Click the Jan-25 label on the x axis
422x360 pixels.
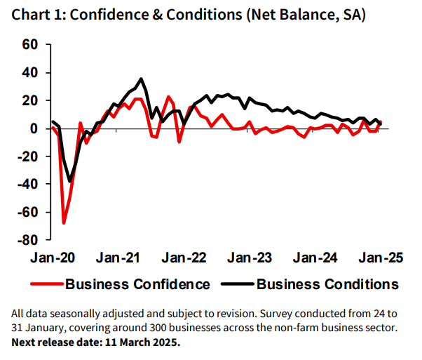pyautogui.click(x=381, y=258)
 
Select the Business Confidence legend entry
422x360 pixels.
pyautogui.click(x=137, y=284)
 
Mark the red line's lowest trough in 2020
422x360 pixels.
pyautogui.click(x=64, y=223)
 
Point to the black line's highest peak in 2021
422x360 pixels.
pyautogui.click(x=141, y=79)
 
